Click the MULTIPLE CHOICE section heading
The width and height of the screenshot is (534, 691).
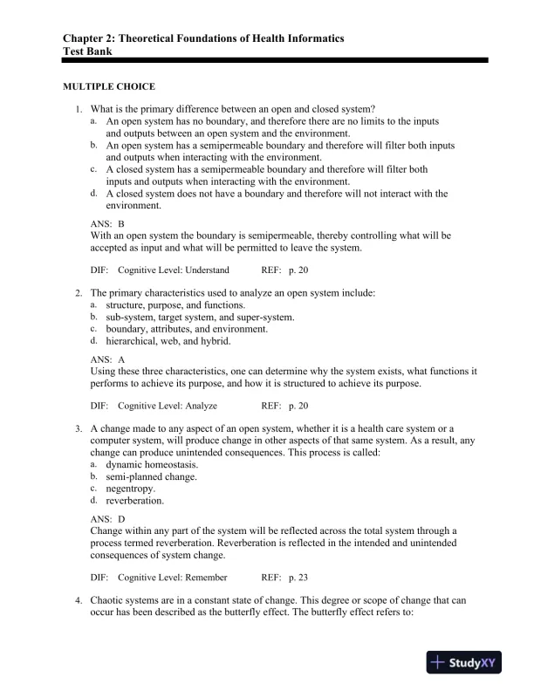coord(109,87)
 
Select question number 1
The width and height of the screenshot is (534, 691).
coord(79,109)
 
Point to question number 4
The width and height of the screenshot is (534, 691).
coord(79,601)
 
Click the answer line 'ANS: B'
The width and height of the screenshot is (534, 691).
coord(108,224)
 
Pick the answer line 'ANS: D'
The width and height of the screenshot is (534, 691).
coord(108,519)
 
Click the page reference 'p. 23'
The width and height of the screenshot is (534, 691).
coord(298,578)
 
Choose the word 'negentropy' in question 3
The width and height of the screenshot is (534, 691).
coord(130,489)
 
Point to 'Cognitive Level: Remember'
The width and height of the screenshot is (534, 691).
coord(173,578)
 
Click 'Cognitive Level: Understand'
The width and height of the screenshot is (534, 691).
coord(174,270)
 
